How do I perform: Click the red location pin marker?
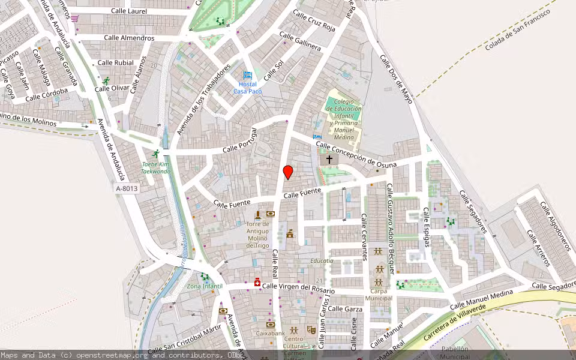click(288, 172)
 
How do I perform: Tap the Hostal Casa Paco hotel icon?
click(248, 75)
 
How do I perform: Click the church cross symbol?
click(329, 160)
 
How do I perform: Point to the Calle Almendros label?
click(129, 38)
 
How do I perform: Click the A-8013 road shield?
click(127, 188)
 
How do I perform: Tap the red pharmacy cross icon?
click(257, 282)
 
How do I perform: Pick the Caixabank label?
click(270, 333)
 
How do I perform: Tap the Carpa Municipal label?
click(379, 295)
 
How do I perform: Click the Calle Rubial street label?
click(115, 62)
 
